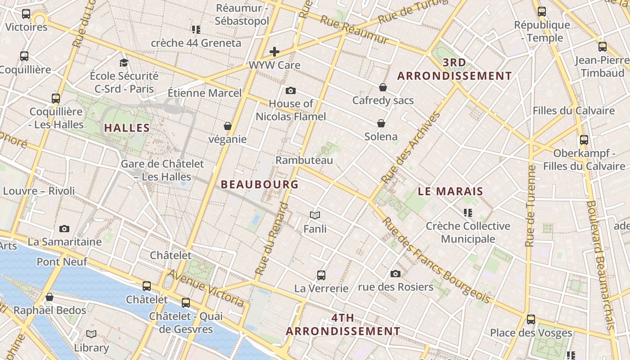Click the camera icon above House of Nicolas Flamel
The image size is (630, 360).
pyautogui.click(x=291, y=90)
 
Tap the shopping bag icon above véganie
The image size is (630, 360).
pyautogui.click(x=228, y=126)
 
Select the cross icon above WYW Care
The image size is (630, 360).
pyautogui.click(x=274, y=52)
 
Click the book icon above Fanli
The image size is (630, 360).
pyautogui.click(x=315, y=216)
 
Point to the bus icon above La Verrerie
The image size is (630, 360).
pyautogui.click(x=321, y=275)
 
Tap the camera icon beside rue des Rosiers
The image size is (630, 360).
pyautogui.click(x=396, y=274)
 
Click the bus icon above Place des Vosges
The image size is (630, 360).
pyautogui.click(x=531, y=319)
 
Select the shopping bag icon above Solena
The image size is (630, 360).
pyautogui.click(x=381, y=123)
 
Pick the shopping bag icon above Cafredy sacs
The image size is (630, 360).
pyautogui.click(x=383, y=87)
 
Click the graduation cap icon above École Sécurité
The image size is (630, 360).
pyautogui.click(x=124, y=63)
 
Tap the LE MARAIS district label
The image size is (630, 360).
pyautogui.click(x=450, y=191)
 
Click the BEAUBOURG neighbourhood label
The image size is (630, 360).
pyautogui.click(x=260, y=184)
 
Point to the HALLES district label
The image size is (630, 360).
pyautogui.click(x=127, y=128)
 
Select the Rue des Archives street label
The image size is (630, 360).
pyautogui.click(x=411, y=148)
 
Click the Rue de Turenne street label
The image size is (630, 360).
pyautogui.click(x=531, y=206)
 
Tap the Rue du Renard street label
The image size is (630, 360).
pyautogui.click(x=271, y=238)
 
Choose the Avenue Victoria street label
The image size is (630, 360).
pyautogui.click(x=207, y=288)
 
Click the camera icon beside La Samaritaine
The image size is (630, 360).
pyautogui.click(x=64, y=229)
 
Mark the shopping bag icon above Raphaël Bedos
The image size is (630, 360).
pyautogui.click(x=49, y=297)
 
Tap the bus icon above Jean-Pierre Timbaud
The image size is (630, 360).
pyautogui.click(x=603, y=46)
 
